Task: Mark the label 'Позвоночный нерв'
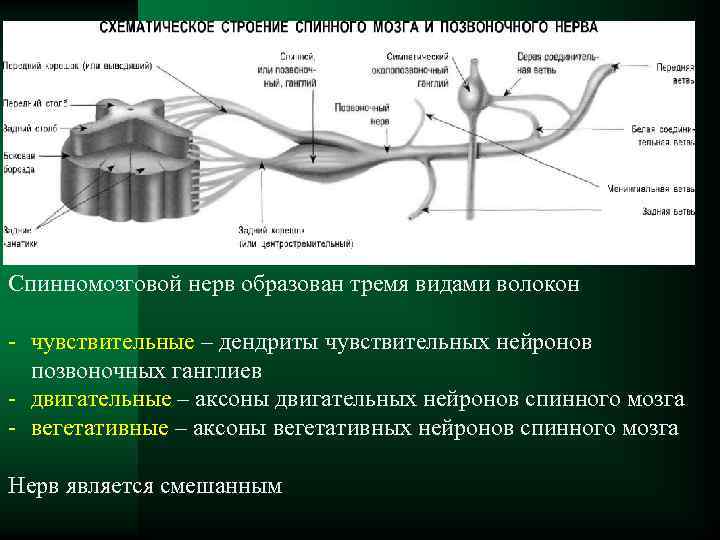356,111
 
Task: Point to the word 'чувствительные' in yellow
112,342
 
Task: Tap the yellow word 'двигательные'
100,399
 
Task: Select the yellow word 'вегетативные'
99,428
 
